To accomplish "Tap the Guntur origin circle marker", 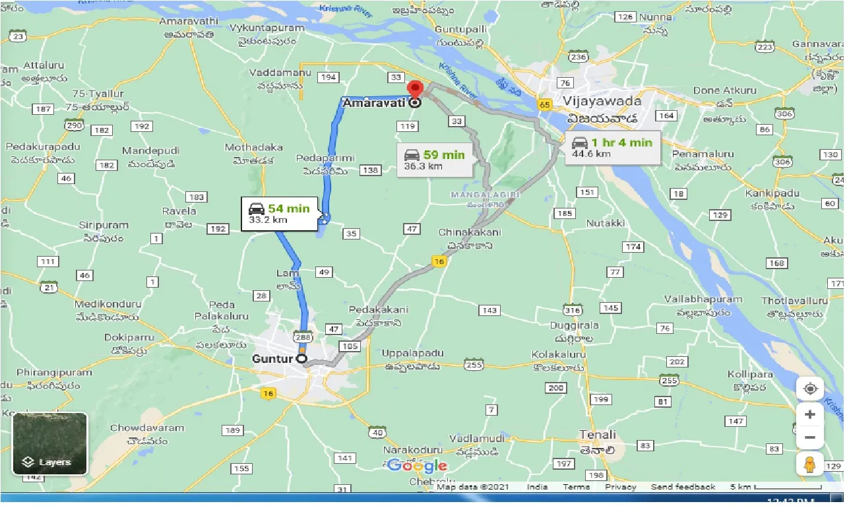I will pos(302,359).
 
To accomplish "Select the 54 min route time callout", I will pos(279,214).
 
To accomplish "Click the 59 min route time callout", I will pos(435,160).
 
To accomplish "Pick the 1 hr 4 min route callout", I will pos(612,148).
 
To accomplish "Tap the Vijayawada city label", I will pos(602,102).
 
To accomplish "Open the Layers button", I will pos(50,444).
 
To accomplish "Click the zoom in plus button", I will pos(810,414).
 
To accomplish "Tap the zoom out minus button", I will pos(810,437).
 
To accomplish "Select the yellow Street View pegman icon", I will pos(810,464).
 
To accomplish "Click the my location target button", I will pos(810,389).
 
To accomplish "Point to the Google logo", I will pos(418,466).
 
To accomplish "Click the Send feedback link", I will pos(683,487).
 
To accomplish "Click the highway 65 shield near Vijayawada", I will pos(544,105).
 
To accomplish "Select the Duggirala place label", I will pos(575,325).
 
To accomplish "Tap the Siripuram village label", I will pos(103,225).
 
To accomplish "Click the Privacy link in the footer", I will pos(620,487).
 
